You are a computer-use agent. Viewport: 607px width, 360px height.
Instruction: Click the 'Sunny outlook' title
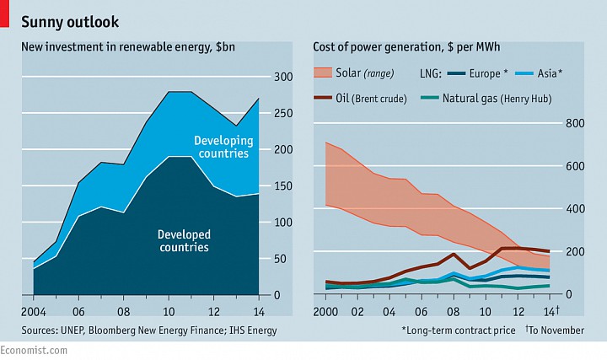click(x=70, y=21)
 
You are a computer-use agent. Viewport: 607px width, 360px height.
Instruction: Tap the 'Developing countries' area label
click(x=223, y=147)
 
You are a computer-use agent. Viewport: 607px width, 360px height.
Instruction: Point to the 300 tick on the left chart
click(x=283, y=77)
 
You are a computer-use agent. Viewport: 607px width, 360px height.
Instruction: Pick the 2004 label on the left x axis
click(x=34, y=309)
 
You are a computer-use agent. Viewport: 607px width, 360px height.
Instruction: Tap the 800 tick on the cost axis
click(x=575, y=123)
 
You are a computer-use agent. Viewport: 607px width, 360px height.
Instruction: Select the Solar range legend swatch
click(x=324, y=73)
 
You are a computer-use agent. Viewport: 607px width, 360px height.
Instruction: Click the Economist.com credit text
click(x=35, y=351)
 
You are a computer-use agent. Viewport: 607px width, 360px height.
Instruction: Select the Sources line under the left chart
click(x=149, y=330)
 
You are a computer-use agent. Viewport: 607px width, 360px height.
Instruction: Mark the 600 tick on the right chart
click(x=575, y=166)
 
